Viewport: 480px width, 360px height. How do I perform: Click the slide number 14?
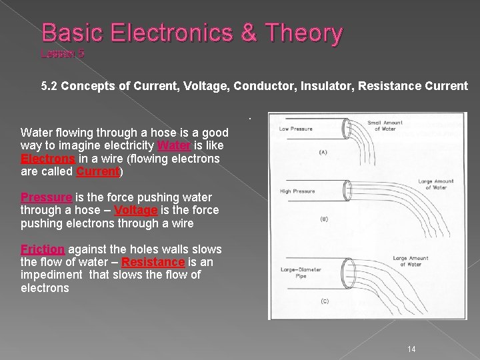[x=411, y=349]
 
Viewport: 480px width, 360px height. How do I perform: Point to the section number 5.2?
[x=50, y=86]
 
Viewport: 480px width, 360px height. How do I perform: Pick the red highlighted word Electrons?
[x=48, y=159]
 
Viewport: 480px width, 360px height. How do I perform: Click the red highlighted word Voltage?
[x=135, y=210]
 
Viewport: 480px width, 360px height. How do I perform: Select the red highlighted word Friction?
[x=43, y=249]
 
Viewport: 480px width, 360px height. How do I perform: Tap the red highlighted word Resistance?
[x=153, y=262]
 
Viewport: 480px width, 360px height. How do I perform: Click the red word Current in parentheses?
[x=97, y=171]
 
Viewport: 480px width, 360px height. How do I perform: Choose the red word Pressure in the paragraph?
[x=46, y=197]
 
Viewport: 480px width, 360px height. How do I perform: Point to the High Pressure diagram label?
[x=297, y=191]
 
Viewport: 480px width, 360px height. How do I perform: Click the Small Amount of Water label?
[x=385, y=125]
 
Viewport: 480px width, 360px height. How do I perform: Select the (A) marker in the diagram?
[x=323, y=153]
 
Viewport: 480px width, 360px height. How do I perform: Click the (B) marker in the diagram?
[x=323, y=219]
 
